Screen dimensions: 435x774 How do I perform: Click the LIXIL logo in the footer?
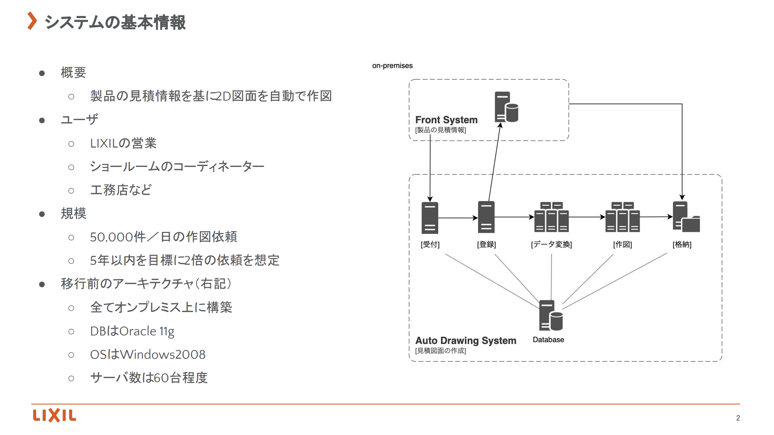coord(54,415)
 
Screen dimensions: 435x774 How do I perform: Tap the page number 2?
coord(738,418)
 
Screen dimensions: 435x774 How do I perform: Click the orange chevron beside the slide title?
coord(32,21)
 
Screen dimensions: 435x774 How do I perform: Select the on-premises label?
coord(392,66)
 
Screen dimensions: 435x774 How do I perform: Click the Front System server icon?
coord(506,107)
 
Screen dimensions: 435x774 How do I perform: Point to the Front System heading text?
coord(446,120)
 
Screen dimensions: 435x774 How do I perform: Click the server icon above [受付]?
coord(430,217)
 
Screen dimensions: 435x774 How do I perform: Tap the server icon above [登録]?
coord(486,217)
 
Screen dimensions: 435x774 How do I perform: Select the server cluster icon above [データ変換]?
coord(551,217)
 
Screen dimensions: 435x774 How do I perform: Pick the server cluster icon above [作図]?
coord(622,217)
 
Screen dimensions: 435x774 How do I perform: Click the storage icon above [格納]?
coord(686,217)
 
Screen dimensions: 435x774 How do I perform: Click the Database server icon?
coord(551,315)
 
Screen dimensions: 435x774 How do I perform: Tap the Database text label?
coord(548,340)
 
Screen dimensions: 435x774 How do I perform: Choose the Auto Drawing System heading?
coord(466,341)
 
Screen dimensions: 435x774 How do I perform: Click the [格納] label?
coord(682,244)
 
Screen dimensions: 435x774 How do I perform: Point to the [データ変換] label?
coord(551,244)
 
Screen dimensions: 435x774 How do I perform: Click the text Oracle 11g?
coord(147,331)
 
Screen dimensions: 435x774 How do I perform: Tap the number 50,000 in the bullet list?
coord(111,237)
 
